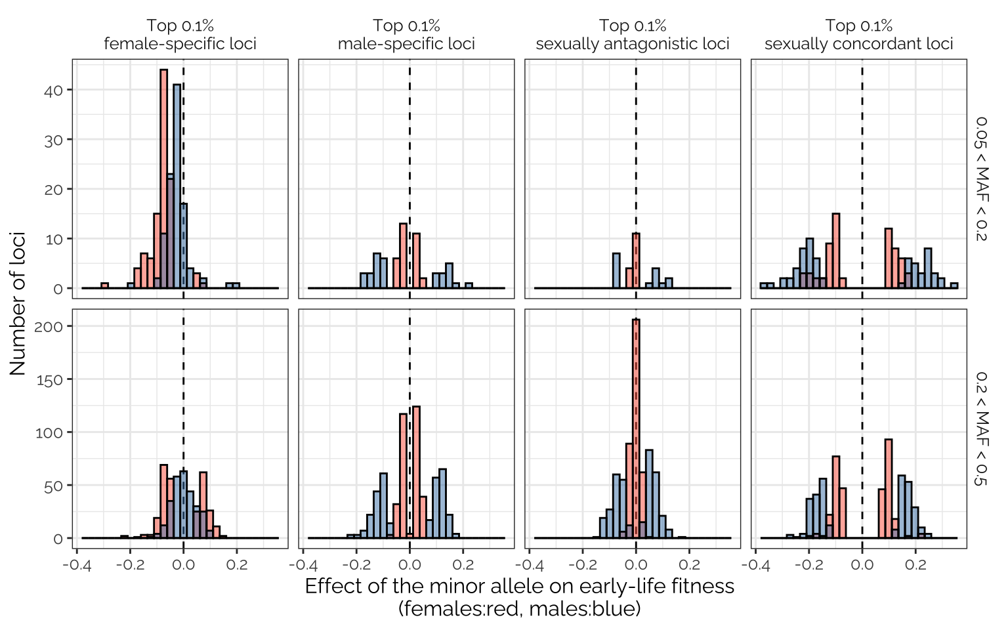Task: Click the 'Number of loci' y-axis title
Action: click(18, 303)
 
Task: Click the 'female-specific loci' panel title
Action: click(180, 44)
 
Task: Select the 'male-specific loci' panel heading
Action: click(406, 44)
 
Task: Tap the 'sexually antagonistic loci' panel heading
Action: click(633, 44)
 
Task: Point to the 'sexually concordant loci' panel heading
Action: click(858, 44)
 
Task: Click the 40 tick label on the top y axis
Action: click(53, 90)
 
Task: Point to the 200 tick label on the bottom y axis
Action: click(49, 326)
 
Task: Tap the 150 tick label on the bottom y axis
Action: click(49, 379)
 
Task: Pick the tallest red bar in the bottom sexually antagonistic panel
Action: click(636, 427)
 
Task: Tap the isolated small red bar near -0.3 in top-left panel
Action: click(104, 285)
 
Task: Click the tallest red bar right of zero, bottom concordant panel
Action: click(889, 489)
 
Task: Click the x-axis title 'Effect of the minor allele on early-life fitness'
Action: click(519, 586)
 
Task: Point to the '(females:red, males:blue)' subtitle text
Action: click(519, 609)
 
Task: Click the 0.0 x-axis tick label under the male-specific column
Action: click(409, 565)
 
